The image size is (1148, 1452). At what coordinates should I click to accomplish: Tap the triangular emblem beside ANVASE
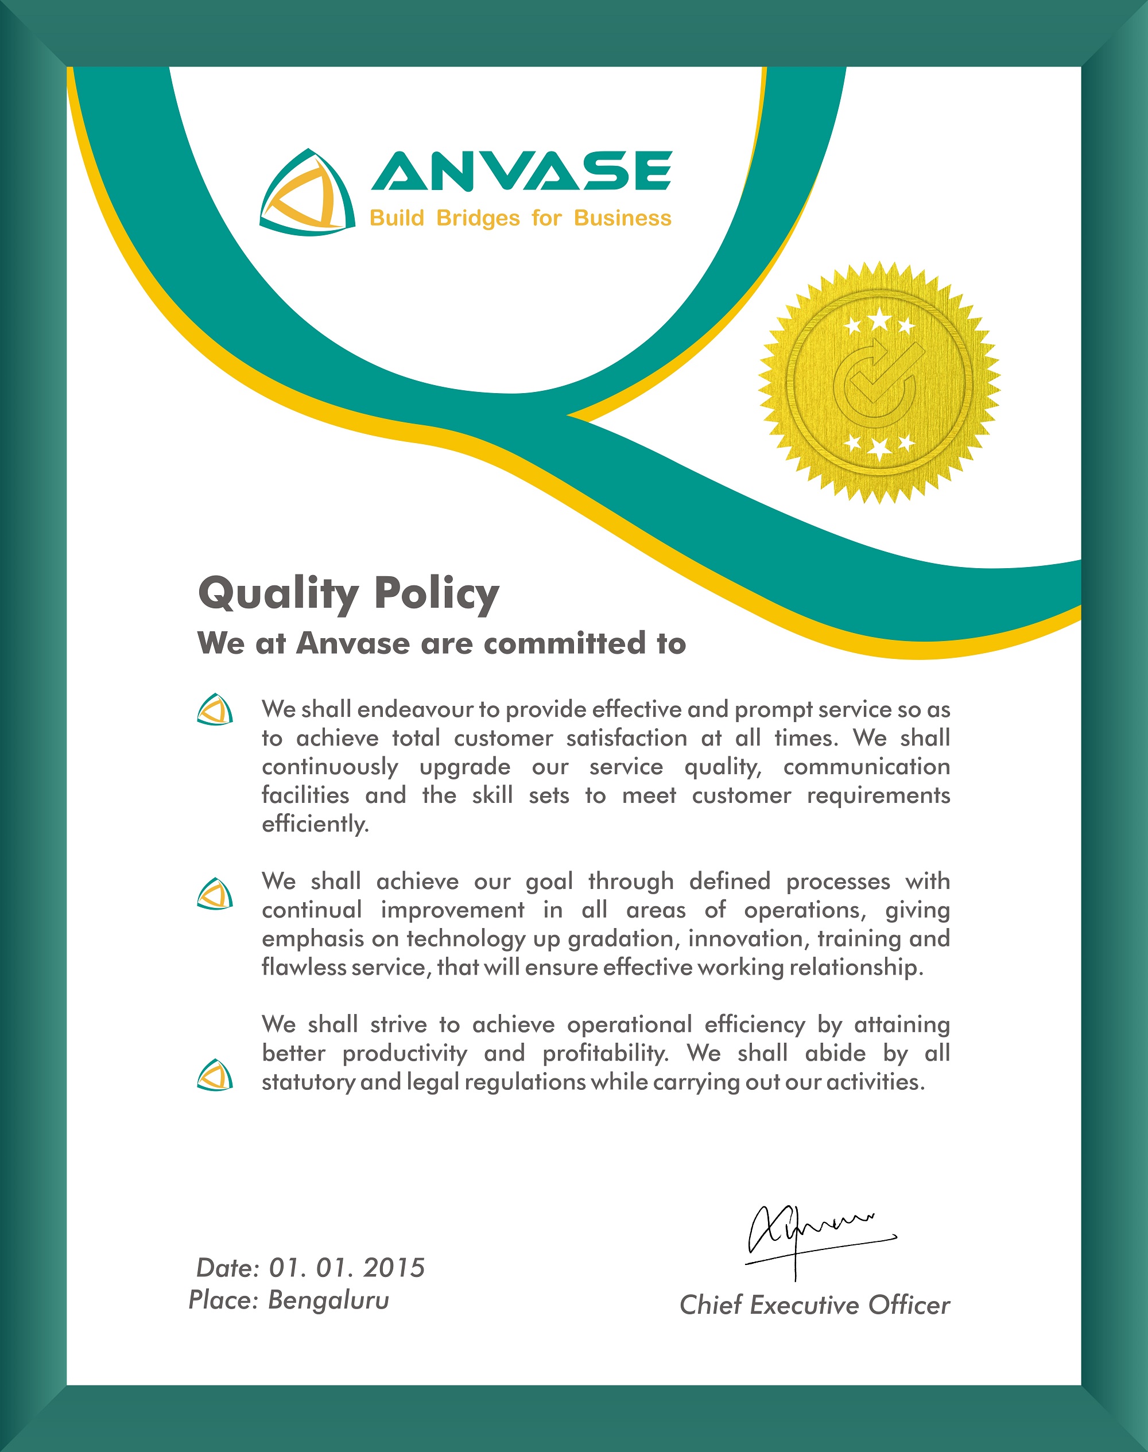(x=307, y=192)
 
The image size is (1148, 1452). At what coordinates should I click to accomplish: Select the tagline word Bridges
(x=478, y=218)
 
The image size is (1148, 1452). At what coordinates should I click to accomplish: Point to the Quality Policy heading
(x=348, y=593)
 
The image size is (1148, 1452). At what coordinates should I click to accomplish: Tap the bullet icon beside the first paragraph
(x=215, y=709)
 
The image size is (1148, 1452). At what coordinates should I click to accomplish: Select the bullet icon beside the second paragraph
(x=215, y=894)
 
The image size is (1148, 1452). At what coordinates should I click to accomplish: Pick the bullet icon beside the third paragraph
(x=215, y=1075)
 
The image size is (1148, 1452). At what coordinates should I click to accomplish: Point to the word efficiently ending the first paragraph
(x=315, y=824)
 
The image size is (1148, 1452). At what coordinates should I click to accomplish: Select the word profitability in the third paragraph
(x=605, y=1053)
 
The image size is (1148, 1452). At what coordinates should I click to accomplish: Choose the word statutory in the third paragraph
(x=307, y=1082)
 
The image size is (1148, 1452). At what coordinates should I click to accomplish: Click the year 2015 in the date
(x=394, y=1268)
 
